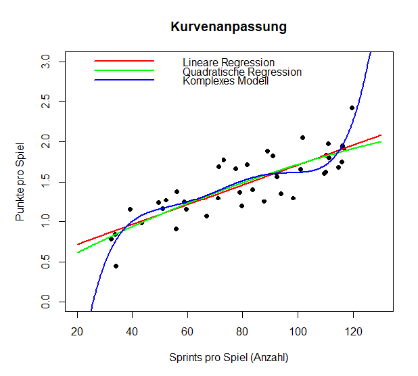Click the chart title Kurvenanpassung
tap(229, 27)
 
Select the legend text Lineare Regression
tap(229, 63)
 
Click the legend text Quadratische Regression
tap(242, 72)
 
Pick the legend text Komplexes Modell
tap(226, 81)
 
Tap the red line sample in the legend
tap(124, 61)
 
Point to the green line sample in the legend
tap(124, 70)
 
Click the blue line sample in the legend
tap(124, 80)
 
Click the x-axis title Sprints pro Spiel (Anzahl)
tap(229, 357)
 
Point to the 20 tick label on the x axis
tap(77, 331)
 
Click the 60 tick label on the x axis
tap(187, 331)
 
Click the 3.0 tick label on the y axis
tap(45, 62)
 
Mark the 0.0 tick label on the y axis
tap(45, 302)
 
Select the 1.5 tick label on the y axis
tap(45, 182)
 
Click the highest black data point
tap(352, 108)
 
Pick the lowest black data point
tap(116, 266)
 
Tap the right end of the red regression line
tap(381, 135)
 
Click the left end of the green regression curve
tap(78, 252)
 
